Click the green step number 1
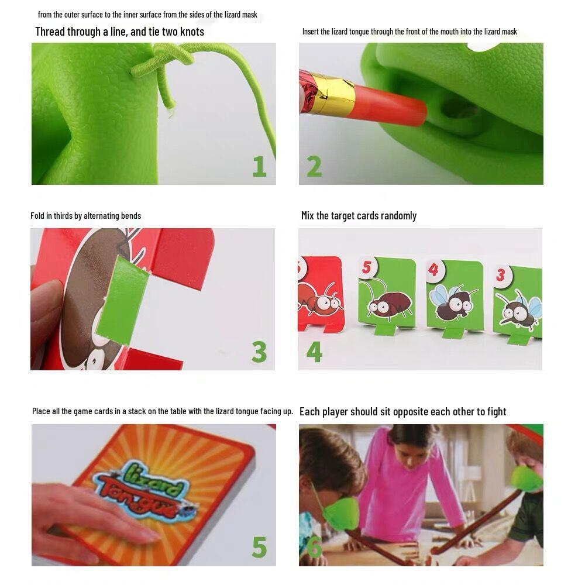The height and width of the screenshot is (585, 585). (259, 166)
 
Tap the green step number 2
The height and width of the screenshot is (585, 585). (314, 166)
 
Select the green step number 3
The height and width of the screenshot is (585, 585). (259, 352)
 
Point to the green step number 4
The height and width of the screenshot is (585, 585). (314, 352)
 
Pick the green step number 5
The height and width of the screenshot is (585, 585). (259, 547)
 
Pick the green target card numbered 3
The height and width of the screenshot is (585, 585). (518, 298)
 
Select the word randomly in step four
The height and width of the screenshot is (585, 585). (398, 216)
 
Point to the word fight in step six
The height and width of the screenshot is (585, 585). (496, 411)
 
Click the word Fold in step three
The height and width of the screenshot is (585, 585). (37, 216)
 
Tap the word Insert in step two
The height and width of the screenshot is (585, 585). (311, 32)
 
